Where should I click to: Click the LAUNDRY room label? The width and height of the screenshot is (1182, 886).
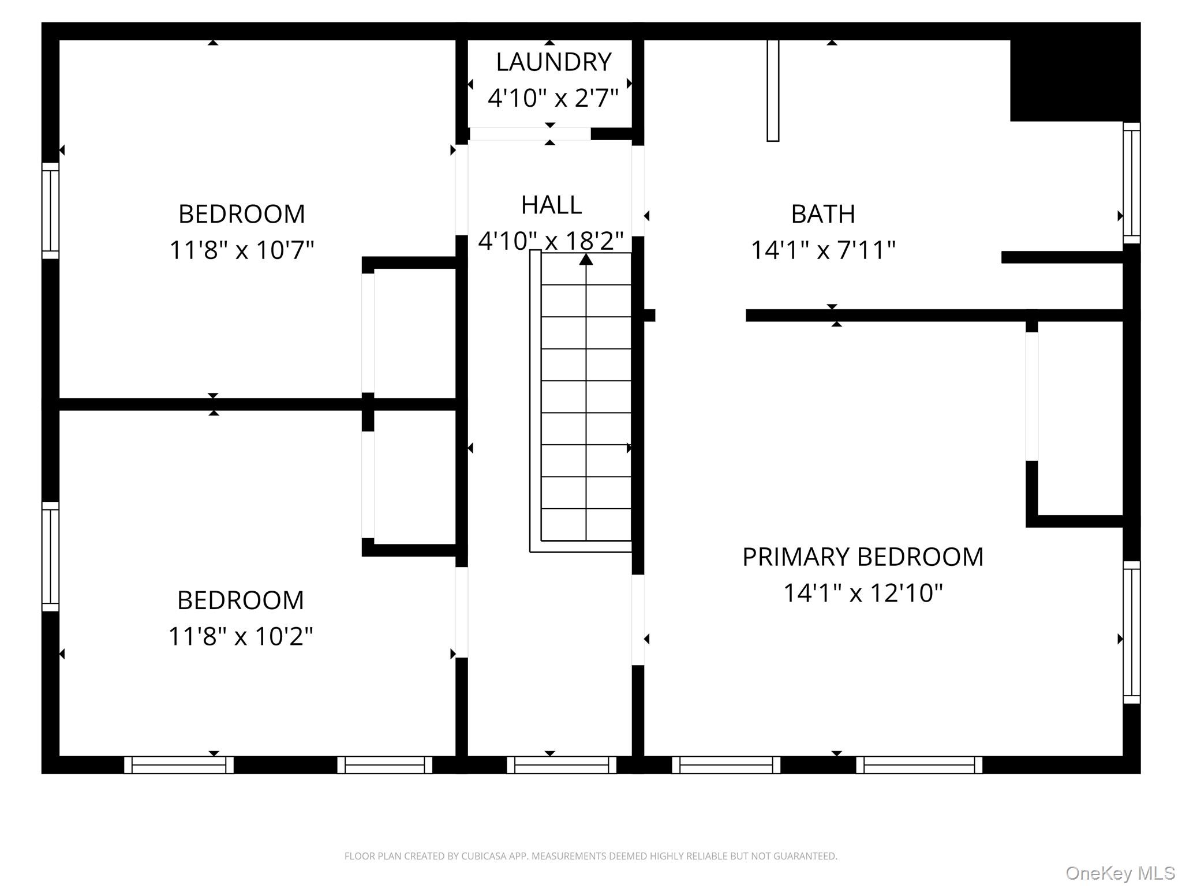point(553,62)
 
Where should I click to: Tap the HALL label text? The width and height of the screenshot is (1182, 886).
point(551,205)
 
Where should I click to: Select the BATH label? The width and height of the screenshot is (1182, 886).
point(823,214)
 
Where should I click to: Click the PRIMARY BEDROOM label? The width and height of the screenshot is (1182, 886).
point(863,557)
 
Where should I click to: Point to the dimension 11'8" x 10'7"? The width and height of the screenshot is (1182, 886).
point(241,250)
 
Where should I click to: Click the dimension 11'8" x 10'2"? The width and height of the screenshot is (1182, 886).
point(241,636)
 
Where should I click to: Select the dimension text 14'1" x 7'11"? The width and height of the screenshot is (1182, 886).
point(823,250)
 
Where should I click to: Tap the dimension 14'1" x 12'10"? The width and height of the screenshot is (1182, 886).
point(863,592)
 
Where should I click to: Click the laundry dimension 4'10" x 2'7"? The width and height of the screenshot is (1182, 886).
point(553,98)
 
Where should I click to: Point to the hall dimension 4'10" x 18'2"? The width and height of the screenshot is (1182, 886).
point(551,241)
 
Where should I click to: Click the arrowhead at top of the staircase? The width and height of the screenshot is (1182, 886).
point(586,260)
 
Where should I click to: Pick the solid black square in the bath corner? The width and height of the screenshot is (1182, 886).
point(1075,72)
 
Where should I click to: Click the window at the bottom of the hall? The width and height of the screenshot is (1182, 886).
point(562,765)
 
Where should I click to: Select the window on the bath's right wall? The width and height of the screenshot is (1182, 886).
point(1132,183)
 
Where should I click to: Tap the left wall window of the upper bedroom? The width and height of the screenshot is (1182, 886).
point(51,211)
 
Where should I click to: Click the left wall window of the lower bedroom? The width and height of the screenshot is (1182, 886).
point(51,557)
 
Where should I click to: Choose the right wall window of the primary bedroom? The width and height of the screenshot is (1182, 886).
point(1132,632)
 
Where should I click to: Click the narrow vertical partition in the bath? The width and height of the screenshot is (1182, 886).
point(773,91)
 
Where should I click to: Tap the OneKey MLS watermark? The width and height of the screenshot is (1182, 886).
point(1120,873)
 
